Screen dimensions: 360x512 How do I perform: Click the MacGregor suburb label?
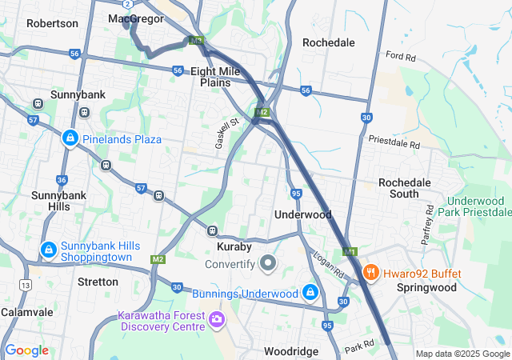click(136, 18)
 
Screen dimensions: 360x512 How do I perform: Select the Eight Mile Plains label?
click(215, 77)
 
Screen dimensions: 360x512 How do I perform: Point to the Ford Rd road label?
click(401, 57)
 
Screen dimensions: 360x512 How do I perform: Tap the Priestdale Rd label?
click(394, 142)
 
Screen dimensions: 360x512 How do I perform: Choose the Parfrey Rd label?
click(427, 226)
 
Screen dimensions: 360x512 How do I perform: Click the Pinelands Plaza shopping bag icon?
click(70, 138)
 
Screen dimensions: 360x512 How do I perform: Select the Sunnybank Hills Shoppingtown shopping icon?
click(49, 250)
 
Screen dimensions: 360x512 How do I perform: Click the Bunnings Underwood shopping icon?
click(310, 294)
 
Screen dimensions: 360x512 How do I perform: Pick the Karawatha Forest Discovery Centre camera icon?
click(216, 321)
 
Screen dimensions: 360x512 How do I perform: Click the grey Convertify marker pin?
click(268, 263)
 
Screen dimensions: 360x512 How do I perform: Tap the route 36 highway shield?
click(62, 180)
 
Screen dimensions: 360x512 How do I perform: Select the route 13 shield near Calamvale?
click(26, 285)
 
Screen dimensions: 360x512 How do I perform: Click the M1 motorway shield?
click(350, 252)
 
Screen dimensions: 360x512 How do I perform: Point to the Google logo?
click(26, 350)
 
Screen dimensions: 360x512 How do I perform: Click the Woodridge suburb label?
click(291, 351)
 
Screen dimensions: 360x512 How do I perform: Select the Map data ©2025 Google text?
click(462, 354)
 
